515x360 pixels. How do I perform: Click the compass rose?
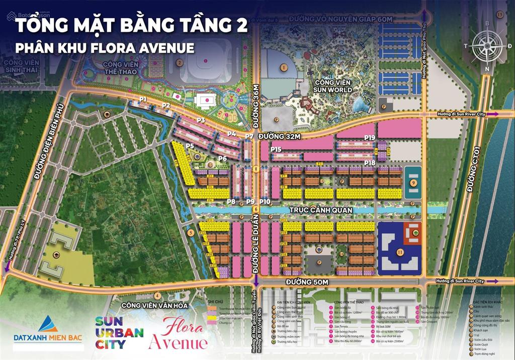click(487, 45)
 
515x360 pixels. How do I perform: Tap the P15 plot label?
click(276, 149)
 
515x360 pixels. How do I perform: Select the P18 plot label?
click(370, 162)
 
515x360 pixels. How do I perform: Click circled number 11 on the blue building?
click(400, 251)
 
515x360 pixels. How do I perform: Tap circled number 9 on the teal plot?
click(413, 183)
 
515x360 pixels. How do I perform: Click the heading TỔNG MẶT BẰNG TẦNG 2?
click(132, 27)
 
